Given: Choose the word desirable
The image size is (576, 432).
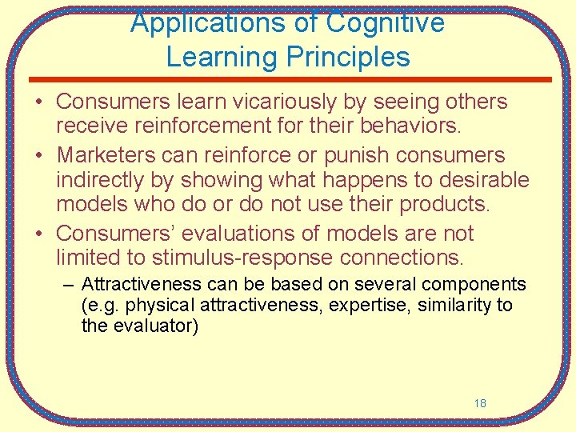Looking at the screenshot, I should coord(478,179).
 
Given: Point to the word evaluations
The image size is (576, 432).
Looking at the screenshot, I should coord(237,234).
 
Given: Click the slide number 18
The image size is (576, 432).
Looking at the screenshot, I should coord(480,403).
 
